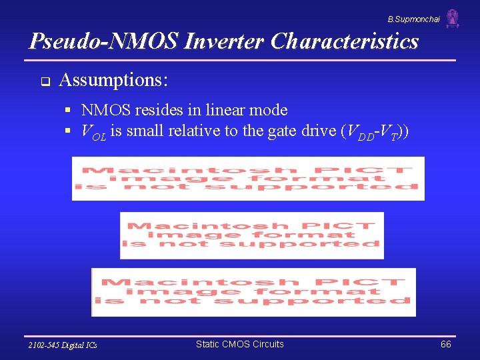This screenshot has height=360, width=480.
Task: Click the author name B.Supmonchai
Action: coord(414,19)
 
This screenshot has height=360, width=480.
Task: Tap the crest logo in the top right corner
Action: coord(453,18)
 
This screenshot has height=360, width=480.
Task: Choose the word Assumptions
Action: coord(113,81)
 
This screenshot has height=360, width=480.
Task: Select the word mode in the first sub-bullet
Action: coord(271,110)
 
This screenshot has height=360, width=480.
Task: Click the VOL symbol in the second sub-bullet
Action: coord(93,131)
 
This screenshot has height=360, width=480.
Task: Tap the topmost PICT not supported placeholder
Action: coord(248,179)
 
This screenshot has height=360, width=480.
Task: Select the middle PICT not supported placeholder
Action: coord(252,235)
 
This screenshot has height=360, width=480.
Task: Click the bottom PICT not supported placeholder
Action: coord(253,292)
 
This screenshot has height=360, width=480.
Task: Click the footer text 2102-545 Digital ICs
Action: coord(63,345)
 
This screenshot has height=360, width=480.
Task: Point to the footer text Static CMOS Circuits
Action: coord(239,344)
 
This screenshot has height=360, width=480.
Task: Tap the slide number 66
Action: coord(445,344)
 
